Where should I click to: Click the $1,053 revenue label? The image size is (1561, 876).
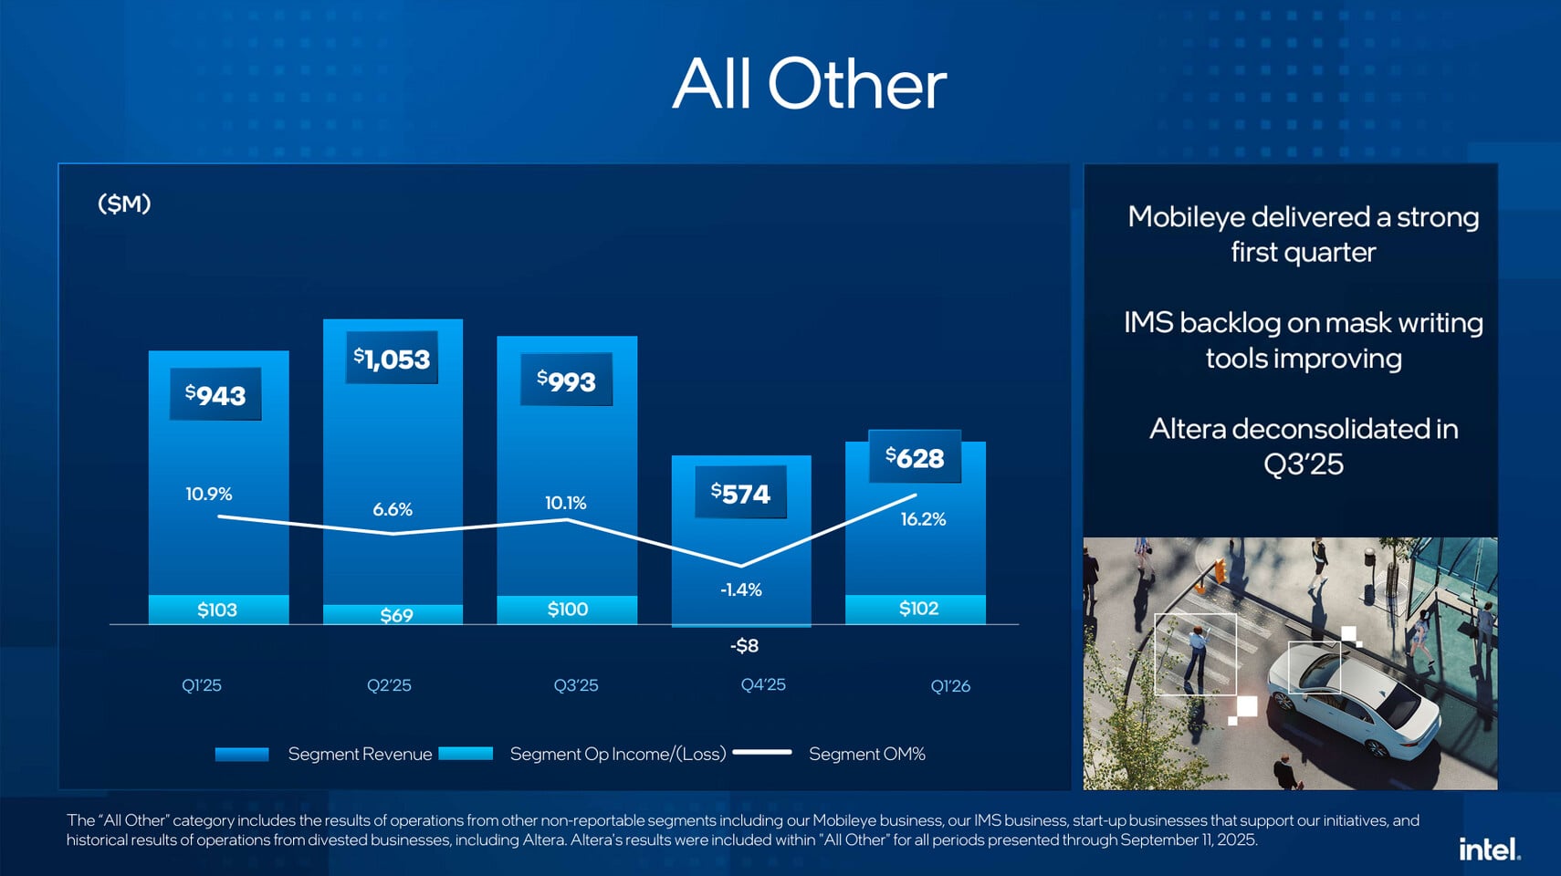pyautogui.click(x=392, y=359)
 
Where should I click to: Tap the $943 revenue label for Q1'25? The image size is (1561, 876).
pyautogui.click(x=215, y=394)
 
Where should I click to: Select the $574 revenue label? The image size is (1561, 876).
pyautogui.click(x=740, y=493)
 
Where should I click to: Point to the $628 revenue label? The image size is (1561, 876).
pyautogui.click(x=915, y=456)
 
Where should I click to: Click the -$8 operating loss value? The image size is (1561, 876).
pyautogui.click(x=744, y=646)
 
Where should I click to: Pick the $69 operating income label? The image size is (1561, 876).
pyautogui.click(x=396, y=615)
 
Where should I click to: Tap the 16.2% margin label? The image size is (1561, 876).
pyautogui.click(x=923, y=519)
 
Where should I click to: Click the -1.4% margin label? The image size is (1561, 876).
pyautogui.click(x=740, y=589)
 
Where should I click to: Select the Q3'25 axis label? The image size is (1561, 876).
pyautogui.click(x=576, y=685)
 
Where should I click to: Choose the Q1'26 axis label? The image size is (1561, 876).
pyautogui.click(x=950, y=686)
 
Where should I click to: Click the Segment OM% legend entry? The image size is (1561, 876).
pyautogui.click(x=866, y=754)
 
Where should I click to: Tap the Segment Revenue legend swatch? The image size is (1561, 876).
pyautogui.click(x=242, y=754)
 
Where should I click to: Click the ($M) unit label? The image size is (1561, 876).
pyautogui.click(x=124, y=203)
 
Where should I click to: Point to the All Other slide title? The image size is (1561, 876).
pyautogui.click(x=809, y=84)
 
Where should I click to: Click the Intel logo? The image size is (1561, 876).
pyautogui.click(x=1489, y=850)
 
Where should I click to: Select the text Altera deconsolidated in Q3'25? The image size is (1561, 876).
pyautogui.click(x=1303, y=446)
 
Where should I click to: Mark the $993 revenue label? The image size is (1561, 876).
pyautogui.click(x=566, y=381)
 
